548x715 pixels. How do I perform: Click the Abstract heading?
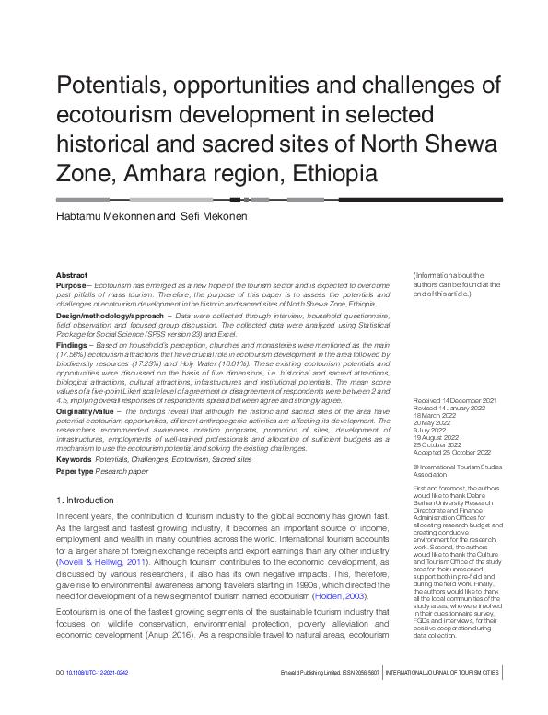[72, 275]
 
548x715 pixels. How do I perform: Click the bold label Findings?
[74, 345]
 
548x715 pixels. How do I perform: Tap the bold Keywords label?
[73, 458]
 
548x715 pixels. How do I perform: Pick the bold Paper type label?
[75, 471]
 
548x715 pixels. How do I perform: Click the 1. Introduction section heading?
[85, 500]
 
